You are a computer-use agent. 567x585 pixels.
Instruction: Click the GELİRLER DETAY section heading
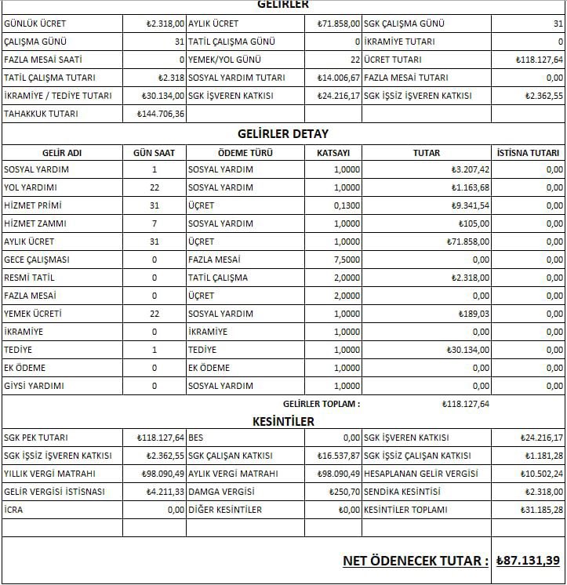coord(283,133)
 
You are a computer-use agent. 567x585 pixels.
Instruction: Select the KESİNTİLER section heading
coord(283,421)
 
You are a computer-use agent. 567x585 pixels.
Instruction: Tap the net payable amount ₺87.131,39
coord(529,561)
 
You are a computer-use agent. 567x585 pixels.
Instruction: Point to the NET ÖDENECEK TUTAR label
coord(415,561)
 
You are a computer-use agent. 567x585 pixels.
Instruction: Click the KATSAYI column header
coord(333,153)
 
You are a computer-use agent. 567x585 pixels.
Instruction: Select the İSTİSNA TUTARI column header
coord(528,153)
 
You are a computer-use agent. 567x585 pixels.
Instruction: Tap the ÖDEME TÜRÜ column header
coord(245,153)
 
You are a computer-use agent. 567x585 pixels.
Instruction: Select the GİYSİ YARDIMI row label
coord(34,386)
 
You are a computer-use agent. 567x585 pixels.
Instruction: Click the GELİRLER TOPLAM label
coord(322,404)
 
